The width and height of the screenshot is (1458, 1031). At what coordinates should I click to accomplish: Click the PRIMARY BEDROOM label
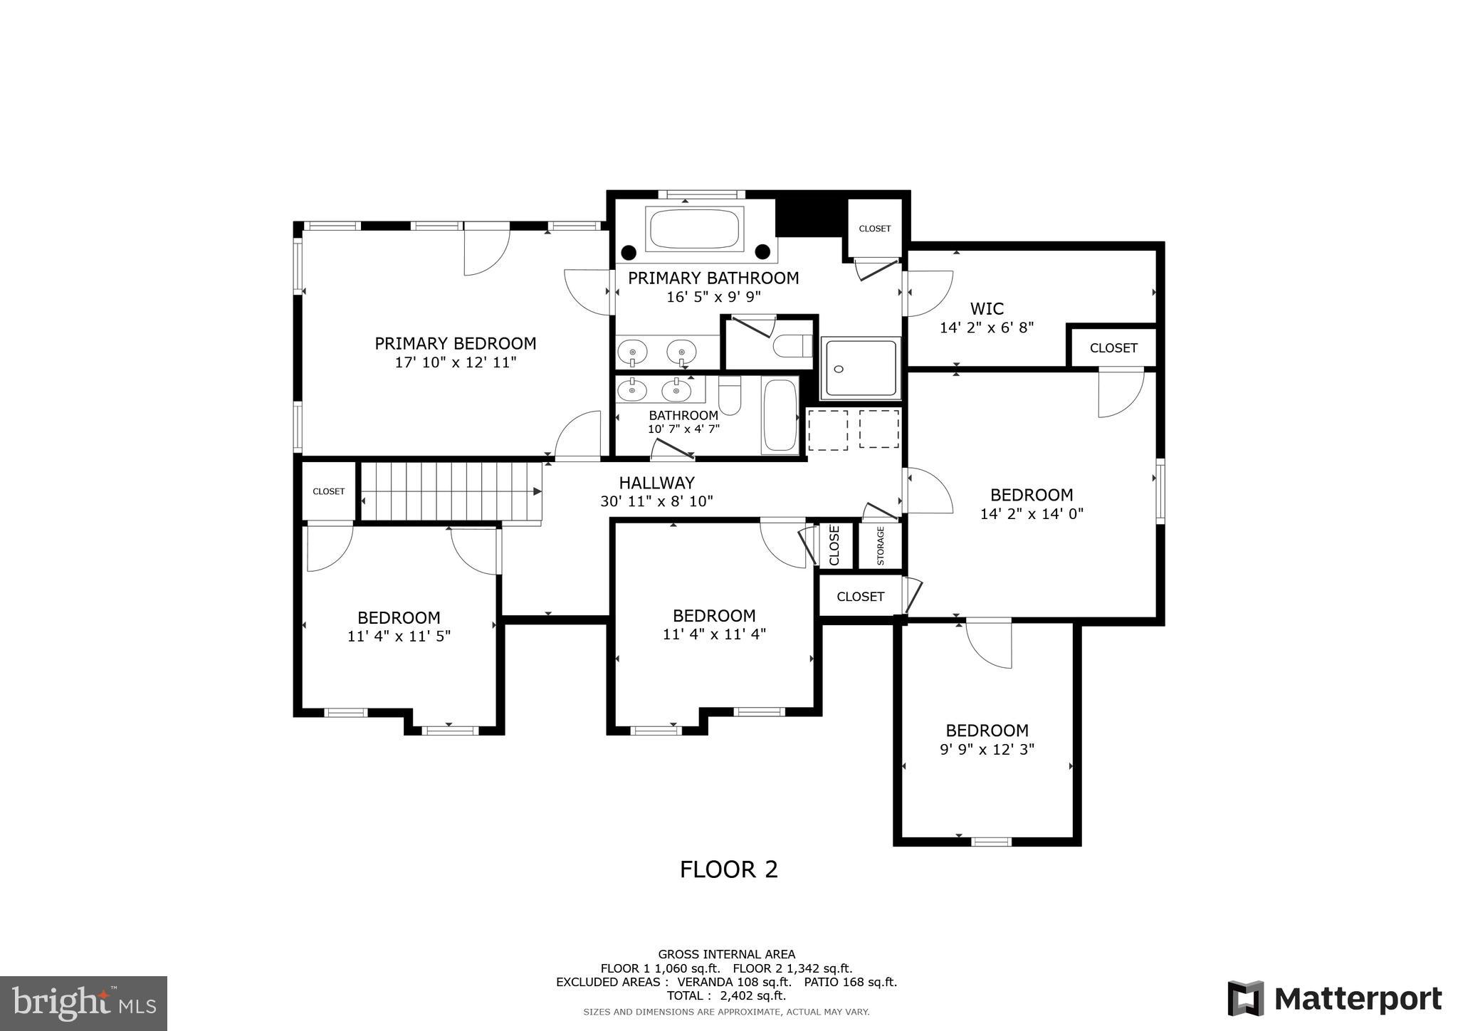[455, 344]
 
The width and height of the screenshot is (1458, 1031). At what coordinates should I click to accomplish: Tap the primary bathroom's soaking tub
[694, 229]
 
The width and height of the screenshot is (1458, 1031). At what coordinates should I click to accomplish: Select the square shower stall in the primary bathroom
[861, 368]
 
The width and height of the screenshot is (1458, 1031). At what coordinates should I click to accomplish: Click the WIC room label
[987, 309]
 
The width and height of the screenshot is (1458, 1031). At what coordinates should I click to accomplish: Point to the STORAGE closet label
[881, 546]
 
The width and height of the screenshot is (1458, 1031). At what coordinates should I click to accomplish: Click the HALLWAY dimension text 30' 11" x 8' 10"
[656, 501]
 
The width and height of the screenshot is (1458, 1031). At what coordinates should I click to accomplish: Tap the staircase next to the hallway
[451, 491]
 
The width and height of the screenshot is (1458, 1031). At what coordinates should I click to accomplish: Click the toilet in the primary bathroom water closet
[792, 346]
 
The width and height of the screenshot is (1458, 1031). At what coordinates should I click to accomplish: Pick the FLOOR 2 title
[728, 869]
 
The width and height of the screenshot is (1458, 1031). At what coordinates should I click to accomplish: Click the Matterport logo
[1334, 998]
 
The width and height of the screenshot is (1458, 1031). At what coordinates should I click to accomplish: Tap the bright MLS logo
[83, 1003]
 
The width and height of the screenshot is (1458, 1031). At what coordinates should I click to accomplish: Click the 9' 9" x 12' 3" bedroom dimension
[987, 749]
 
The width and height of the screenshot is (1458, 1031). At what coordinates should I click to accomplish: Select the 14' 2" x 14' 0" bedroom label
[1032, 496]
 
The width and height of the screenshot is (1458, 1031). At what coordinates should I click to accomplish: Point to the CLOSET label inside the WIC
[1113, 348]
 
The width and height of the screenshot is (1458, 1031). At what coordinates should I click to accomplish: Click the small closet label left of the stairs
[328, 491]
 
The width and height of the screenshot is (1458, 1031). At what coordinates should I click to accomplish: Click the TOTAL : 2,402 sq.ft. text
[726, 995]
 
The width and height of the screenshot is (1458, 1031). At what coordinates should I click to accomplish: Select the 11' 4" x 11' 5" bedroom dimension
[399, 637]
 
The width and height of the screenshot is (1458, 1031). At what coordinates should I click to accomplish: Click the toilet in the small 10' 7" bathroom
[730, 397]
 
